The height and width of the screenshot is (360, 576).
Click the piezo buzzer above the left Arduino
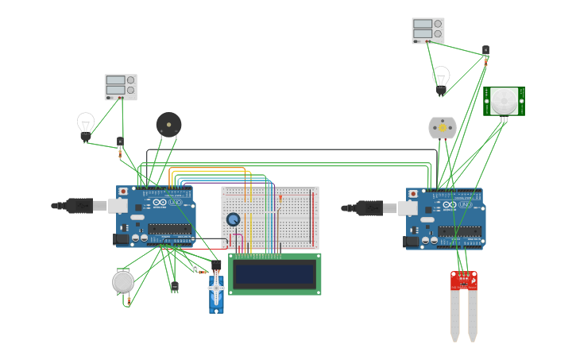pos(168,125)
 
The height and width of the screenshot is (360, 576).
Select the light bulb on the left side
pos(86,126)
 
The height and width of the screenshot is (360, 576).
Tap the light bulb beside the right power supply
pos(441,79)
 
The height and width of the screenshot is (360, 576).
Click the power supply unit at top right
pos(428,30)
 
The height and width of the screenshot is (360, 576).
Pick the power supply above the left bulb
pos(121,87)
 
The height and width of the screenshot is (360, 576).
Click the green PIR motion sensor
pos(504,101)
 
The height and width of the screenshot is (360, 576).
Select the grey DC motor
pos(443,127)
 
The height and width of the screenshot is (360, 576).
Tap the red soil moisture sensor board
pos(464,280)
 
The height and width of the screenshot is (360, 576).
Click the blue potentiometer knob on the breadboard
pos(233,219)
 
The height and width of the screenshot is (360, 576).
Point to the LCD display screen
pos(275,274)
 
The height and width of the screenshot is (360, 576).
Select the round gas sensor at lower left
pos(123,281)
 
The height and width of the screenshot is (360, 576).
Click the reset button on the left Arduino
pos(123,192)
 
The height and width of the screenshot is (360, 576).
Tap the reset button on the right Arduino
pos(413,193)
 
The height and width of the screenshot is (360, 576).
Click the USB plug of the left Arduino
pos(79,206)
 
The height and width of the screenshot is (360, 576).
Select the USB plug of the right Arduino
pos(369,208)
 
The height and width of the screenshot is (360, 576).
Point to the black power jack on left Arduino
pos(121,238)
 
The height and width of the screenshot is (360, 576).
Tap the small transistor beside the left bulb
pos(120,142)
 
